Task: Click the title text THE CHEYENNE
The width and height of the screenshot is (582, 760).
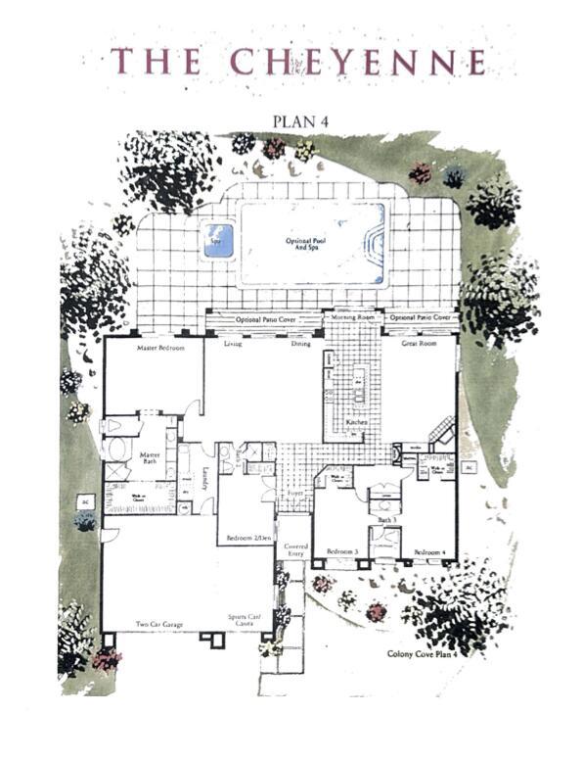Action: point(298,62)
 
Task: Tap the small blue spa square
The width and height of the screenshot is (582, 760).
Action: point(218,239)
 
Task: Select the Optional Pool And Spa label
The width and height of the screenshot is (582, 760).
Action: point(311,243)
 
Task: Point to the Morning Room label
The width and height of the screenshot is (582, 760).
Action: point(353,317)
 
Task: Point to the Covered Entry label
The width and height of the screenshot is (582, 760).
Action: point(295,549)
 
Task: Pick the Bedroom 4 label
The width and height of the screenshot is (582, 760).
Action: point(429,552)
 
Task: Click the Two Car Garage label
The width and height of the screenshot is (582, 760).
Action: point(157,624)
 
